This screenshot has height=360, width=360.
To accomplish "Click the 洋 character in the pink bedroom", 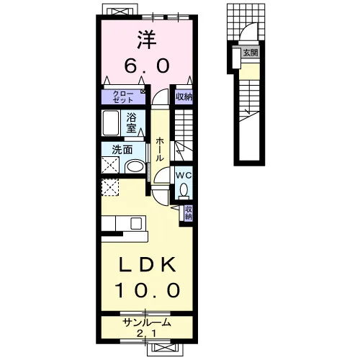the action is [147, 40].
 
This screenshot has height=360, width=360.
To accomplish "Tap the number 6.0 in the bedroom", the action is [147, 66].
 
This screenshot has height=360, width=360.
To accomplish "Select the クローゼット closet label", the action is [123, 96].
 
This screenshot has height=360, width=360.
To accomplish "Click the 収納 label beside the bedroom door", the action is [184, 96].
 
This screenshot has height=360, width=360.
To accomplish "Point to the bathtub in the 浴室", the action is [110, 123].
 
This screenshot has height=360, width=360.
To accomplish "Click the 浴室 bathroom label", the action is [132, 123].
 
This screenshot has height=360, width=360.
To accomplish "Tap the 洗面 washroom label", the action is [122, 150].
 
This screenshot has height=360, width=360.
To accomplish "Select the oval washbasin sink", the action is [135, 166].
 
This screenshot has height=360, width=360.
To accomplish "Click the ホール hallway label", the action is [160, 149].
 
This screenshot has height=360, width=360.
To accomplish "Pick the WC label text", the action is [184, 176].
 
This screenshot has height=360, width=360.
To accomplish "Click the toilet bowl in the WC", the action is [184, 189].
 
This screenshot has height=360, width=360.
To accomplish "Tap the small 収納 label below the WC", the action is [189, 212].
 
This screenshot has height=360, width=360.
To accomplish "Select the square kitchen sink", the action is [136, 223].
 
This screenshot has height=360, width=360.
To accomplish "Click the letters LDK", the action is [147, 264].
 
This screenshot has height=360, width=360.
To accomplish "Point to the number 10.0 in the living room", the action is [147, 290].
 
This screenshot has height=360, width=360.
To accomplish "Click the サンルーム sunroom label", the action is [147, 323].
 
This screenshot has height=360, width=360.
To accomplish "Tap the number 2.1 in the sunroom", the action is [147, 333].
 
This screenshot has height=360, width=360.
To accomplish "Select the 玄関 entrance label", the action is [251, 53].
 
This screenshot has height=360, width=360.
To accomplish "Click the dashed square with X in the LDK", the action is [110, 187].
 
